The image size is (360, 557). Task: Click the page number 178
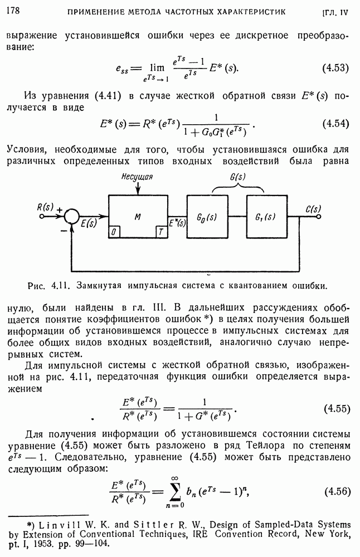tap(12, 10)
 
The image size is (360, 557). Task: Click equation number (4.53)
tap(335, 69)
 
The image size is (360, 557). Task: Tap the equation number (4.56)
tap(335, 491)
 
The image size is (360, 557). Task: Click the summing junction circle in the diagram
tap(71, 215)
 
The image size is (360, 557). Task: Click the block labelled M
tap(138, 216)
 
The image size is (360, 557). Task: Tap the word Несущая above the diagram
tap(137, 177)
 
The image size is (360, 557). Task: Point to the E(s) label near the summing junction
tap(89, 224)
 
